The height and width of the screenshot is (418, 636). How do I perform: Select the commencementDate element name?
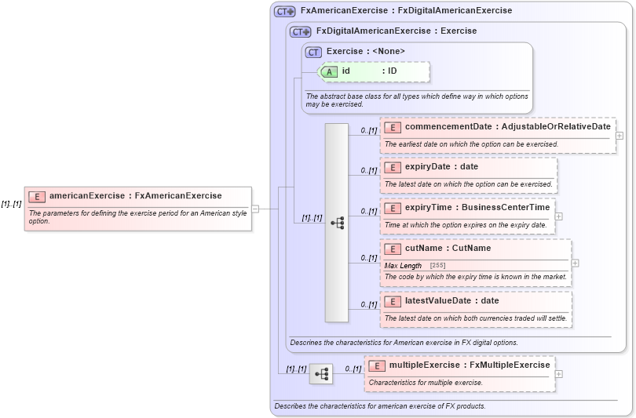(x=448, y=126)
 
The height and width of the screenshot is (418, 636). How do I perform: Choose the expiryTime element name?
(x=433, y=207)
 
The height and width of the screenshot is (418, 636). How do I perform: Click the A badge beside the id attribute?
(x=330, y=71)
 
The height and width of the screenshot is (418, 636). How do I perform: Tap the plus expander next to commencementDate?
(x=620, y=136)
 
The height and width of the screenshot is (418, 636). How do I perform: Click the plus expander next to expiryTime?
(x=558, y=216)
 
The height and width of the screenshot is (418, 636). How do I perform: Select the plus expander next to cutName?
(x=576, y=264)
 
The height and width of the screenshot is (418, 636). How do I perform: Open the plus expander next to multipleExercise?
(x=558, y=373)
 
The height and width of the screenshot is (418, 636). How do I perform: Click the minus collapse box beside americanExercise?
(x=255, y=208)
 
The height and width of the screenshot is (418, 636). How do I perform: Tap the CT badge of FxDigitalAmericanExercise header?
(x=301, y=31)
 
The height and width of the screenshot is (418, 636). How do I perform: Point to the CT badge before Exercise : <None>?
(x=314, y=52)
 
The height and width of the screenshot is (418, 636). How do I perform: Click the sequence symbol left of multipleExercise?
(x=320, y=374)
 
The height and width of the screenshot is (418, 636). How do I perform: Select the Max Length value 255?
(x=438, y=266)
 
